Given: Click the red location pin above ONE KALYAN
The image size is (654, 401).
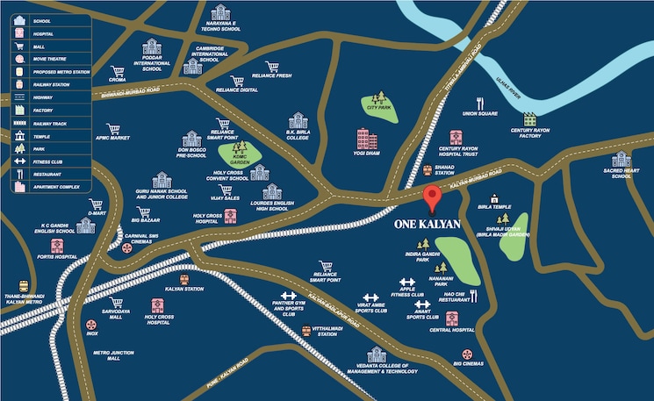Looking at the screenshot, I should tap(431, 198).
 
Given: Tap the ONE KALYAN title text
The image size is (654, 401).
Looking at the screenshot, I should tap(428, 224).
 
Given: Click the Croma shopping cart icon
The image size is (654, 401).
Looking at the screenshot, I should tap(117, 71).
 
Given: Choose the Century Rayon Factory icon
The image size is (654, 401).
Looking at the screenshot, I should tap(529, 118).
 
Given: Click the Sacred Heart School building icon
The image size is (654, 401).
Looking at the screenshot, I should tap(622, 160).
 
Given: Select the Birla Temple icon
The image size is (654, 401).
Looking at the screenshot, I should tap(494, 198).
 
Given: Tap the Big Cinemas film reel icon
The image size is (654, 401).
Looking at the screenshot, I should tap(457, 352).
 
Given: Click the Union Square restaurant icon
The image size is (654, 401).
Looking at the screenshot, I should tap(480, 103).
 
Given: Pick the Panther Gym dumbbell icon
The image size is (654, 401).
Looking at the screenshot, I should tap(288, 297).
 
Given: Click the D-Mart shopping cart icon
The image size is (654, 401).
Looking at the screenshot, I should tap(97, 204).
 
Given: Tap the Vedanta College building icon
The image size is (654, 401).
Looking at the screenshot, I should tap(377, 354).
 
